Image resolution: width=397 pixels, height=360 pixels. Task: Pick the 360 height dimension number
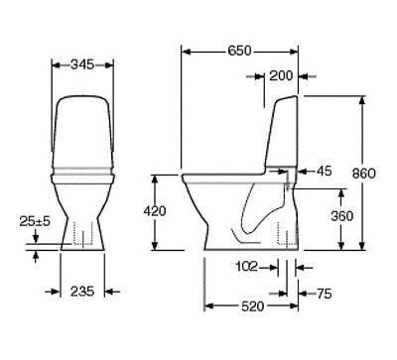point(341,215)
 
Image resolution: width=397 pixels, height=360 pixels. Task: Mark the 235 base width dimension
point(82,293)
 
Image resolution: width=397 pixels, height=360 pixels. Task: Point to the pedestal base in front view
point(82,233)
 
